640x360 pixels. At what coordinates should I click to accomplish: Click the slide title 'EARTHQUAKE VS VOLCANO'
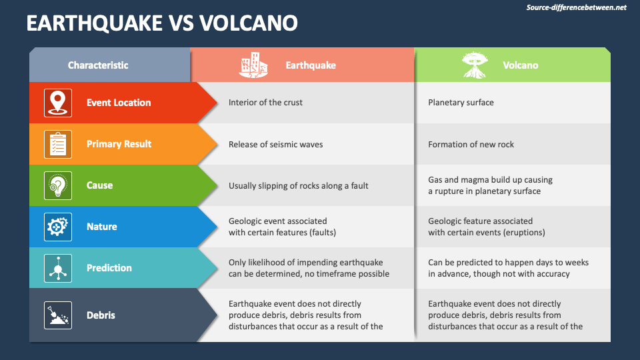point(162,23)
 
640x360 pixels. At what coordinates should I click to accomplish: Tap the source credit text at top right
point(576,7)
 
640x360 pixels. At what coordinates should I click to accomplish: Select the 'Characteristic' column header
point(98,65)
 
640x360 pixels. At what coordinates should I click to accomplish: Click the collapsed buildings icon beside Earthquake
point(253,65)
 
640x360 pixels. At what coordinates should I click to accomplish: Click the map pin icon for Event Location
point(58,103)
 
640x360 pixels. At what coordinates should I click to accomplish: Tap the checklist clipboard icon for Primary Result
point(58,144)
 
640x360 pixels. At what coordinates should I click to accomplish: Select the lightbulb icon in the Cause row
point(58,185)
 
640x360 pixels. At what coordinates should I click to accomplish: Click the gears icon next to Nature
point(58,227)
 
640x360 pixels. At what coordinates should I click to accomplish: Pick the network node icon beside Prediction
point(58,268)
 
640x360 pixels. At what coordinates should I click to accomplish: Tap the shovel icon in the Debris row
point(58,315)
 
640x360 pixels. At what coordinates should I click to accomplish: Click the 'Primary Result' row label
point(119,144)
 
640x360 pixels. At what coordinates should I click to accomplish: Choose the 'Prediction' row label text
point(109,268)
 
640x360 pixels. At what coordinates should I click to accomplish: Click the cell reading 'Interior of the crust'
point(265,103)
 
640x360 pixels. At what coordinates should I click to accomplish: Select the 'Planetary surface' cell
point(461,103)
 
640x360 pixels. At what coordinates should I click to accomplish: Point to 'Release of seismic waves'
point(275,144)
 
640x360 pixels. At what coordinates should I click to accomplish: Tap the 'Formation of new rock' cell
point(471,144)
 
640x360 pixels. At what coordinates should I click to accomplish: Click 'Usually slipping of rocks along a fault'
point(298,185)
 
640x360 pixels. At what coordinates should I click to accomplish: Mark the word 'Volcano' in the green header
point(520,65)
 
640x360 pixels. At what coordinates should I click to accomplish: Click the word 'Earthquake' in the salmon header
point(311,65)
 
